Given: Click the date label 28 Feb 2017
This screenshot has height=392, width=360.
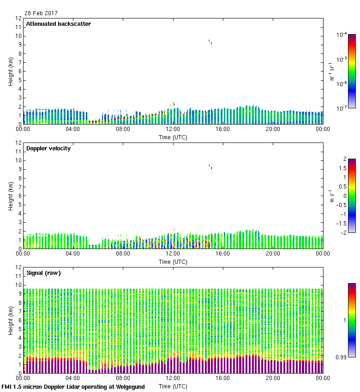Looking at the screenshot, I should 41,13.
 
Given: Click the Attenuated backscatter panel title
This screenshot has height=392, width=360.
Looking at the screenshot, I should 58,24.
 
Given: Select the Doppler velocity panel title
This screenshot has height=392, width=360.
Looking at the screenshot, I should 48,148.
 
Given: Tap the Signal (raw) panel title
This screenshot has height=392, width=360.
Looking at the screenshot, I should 43,273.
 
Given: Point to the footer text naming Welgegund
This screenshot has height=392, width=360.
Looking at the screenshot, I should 73,387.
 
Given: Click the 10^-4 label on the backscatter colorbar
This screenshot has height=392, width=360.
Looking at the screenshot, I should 342,35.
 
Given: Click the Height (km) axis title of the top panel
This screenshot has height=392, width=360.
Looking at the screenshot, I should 11,71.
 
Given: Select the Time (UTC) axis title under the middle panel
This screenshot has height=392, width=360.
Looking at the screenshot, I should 173,261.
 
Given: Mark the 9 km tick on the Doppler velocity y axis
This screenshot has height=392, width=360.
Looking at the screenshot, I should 19,169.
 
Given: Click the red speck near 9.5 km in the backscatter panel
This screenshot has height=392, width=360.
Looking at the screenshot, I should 210,42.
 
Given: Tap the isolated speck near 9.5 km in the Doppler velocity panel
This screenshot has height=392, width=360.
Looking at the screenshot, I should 210,166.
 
